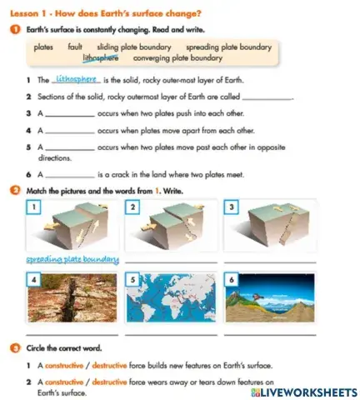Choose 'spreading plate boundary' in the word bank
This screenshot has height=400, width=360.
click(228, 47)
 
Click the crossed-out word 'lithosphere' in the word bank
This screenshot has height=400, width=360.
click(101, 58)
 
